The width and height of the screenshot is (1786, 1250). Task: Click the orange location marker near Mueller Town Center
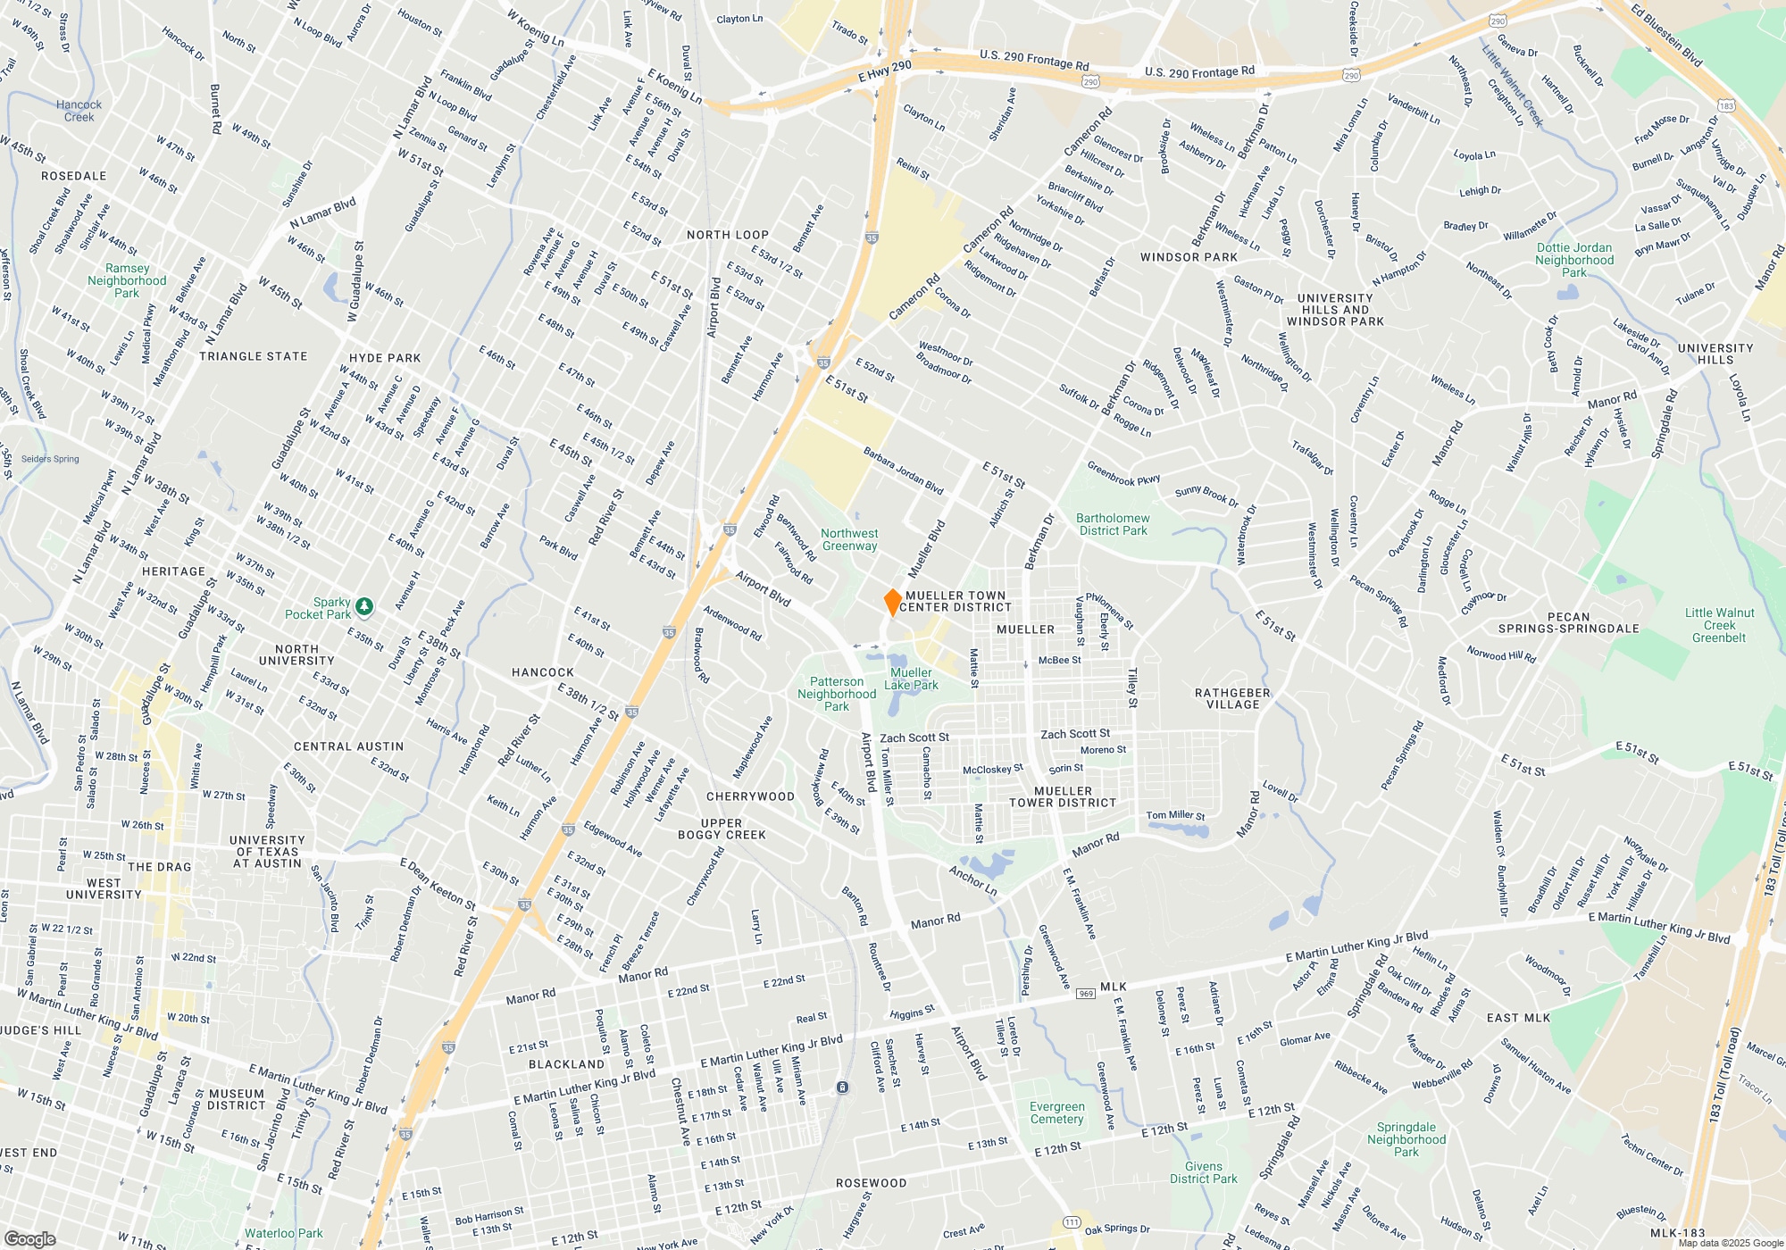[x=892, y=602]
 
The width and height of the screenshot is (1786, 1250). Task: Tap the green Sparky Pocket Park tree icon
[x=364, y=607]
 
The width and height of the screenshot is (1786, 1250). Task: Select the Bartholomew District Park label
[x=1113, y=524]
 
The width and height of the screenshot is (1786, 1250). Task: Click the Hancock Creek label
[x=79, y=111]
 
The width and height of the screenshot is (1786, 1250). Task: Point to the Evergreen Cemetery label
[x=1056, y=1112]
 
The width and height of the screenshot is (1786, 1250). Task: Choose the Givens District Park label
[x=1204, y=1172]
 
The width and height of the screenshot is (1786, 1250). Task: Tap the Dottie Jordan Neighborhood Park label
[x=1574, y=260]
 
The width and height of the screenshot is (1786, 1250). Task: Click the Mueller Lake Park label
[x=911, y=679]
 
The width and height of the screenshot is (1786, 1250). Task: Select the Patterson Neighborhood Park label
[x=837, y=694]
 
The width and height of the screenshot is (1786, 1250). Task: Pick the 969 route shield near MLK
[x=1086, y=994]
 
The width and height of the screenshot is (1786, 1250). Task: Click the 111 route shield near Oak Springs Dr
[x=1072, y=1222]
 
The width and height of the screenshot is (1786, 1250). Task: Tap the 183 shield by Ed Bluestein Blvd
[x=1726, y=105]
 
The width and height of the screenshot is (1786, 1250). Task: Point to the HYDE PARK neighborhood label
[x=385, y=358]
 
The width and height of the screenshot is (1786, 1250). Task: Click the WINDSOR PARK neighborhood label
[x=1189, y=257]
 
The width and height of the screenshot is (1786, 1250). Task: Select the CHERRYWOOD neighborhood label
[x=750, y=796]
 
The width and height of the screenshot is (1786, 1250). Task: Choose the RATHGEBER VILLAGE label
[x=1232, y=698]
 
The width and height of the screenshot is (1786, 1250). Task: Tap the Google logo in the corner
[x=29, y=1238]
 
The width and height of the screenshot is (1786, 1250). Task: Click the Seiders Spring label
[x=50, y=459]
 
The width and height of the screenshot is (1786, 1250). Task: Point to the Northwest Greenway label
[x=849, y=539]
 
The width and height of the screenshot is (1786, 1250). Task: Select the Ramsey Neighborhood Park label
[x=127, y=280]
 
